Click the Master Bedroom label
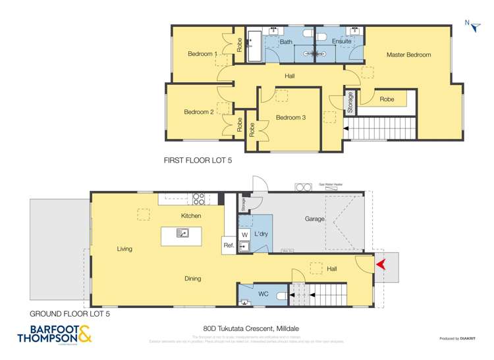408,55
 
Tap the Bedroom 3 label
290,118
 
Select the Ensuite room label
341,42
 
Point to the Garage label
314,219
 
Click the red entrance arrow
379,265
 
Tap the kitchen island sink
183,232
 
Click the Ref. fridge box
229,245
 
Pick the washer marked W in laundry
244,234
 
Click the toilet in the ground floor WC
281,296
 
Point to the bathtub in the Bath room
255,45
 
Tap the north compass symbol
470,24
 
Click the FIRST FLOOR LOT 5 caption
197,160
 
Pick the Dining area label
192,279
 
